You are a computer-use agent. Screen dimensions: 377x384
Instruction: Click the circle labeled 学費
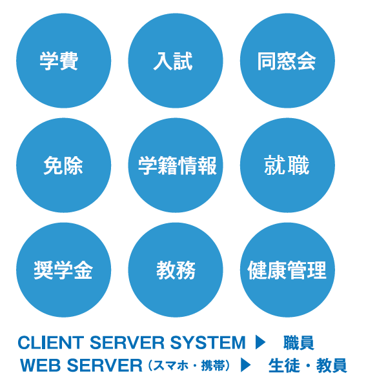point(64,61)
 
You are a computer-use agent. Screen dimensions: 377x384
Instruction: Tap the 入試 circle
point(176,61)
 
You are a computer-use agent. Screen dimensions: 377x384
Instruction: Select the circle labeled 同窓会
point(287,61)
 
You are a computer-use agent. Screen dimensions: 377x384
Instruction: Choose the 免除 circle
point(64,165)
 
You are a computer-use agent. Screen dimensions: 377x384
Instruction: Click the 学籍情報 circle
point(176,165)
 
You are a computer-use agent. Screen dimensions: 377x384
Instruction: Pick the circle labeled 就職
point(287,165)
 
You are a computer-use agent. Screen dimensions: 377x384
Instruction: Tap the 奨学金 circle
point(64,270)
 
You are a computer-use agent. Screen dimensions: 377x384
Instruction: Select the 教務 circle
point(176,270)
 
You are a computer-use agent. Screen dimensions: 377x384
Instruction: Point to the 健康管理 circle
point(287,270)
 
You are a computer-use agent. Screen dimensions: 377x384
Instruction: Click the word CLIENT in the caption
point(51,342)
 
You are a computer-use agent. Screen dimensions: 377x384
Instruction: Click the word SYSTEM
point(208,342)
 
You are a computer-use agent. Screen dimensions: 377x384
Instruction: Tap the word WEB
point(41,365)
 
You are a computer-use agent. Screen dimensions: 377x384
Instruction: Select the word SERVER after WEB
point(105,365)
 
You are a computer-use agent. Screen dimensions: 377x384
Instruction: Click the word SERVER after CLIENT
point(127,342)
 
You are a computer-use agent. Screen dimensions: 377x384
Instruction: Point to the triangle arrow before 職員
point(260,342)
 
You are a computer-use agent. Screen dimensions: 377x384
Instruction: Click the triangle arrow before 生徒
point(246,365)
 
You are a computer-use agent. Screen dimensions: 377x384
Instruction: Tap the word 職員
point(299,343)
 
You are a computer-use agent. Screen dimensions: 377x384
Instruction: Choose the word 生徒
point(284,365)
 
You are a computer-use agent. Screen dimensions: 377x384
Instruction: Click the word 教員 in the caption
point(332,365)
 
